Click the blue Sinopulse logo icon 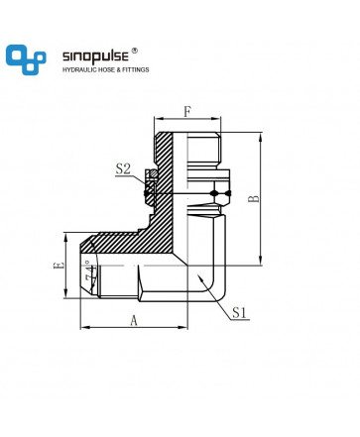click(x=26, y=59)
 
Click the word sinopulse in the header click(x=95, y=56)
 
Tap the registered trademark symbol click(x=135, y=51)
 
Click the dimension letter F click(x=187, y=112)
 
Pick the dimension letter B click(x=254, y=198)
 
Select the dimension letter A click(x=134, y=320)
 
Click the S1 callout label click(x=239, y=312)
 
